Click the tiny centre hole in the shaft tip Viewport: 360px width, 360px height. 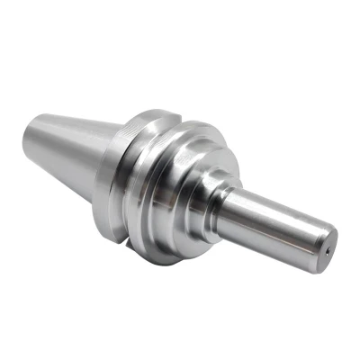pos(328,251)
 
